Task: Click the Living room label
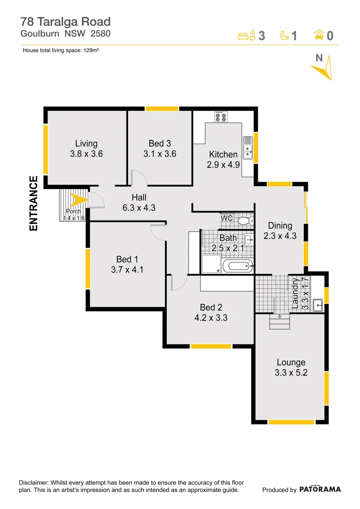[86, 144]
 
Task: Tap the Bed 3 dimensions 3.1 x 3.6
[160, 154]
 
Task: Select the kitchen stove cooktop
[221, 116]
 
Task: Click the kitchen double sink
[247, 148]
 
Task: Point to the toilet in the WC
[244, 220]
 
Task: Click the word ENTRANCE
[33, 203]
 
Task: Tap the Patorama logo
[320, 489]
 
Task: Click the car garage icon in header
[319, 35]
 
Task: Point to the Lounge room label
[291, 362]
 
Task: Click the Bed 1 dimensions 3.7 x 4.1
[124, 270]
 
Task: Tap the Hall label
[139, 197]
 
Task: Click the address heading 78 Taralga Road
[65, 22]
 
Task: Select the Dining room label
[280, 226]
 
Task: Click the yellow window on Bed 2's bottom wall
[211, 346]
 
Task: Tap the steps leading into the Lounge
[279, 323]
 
